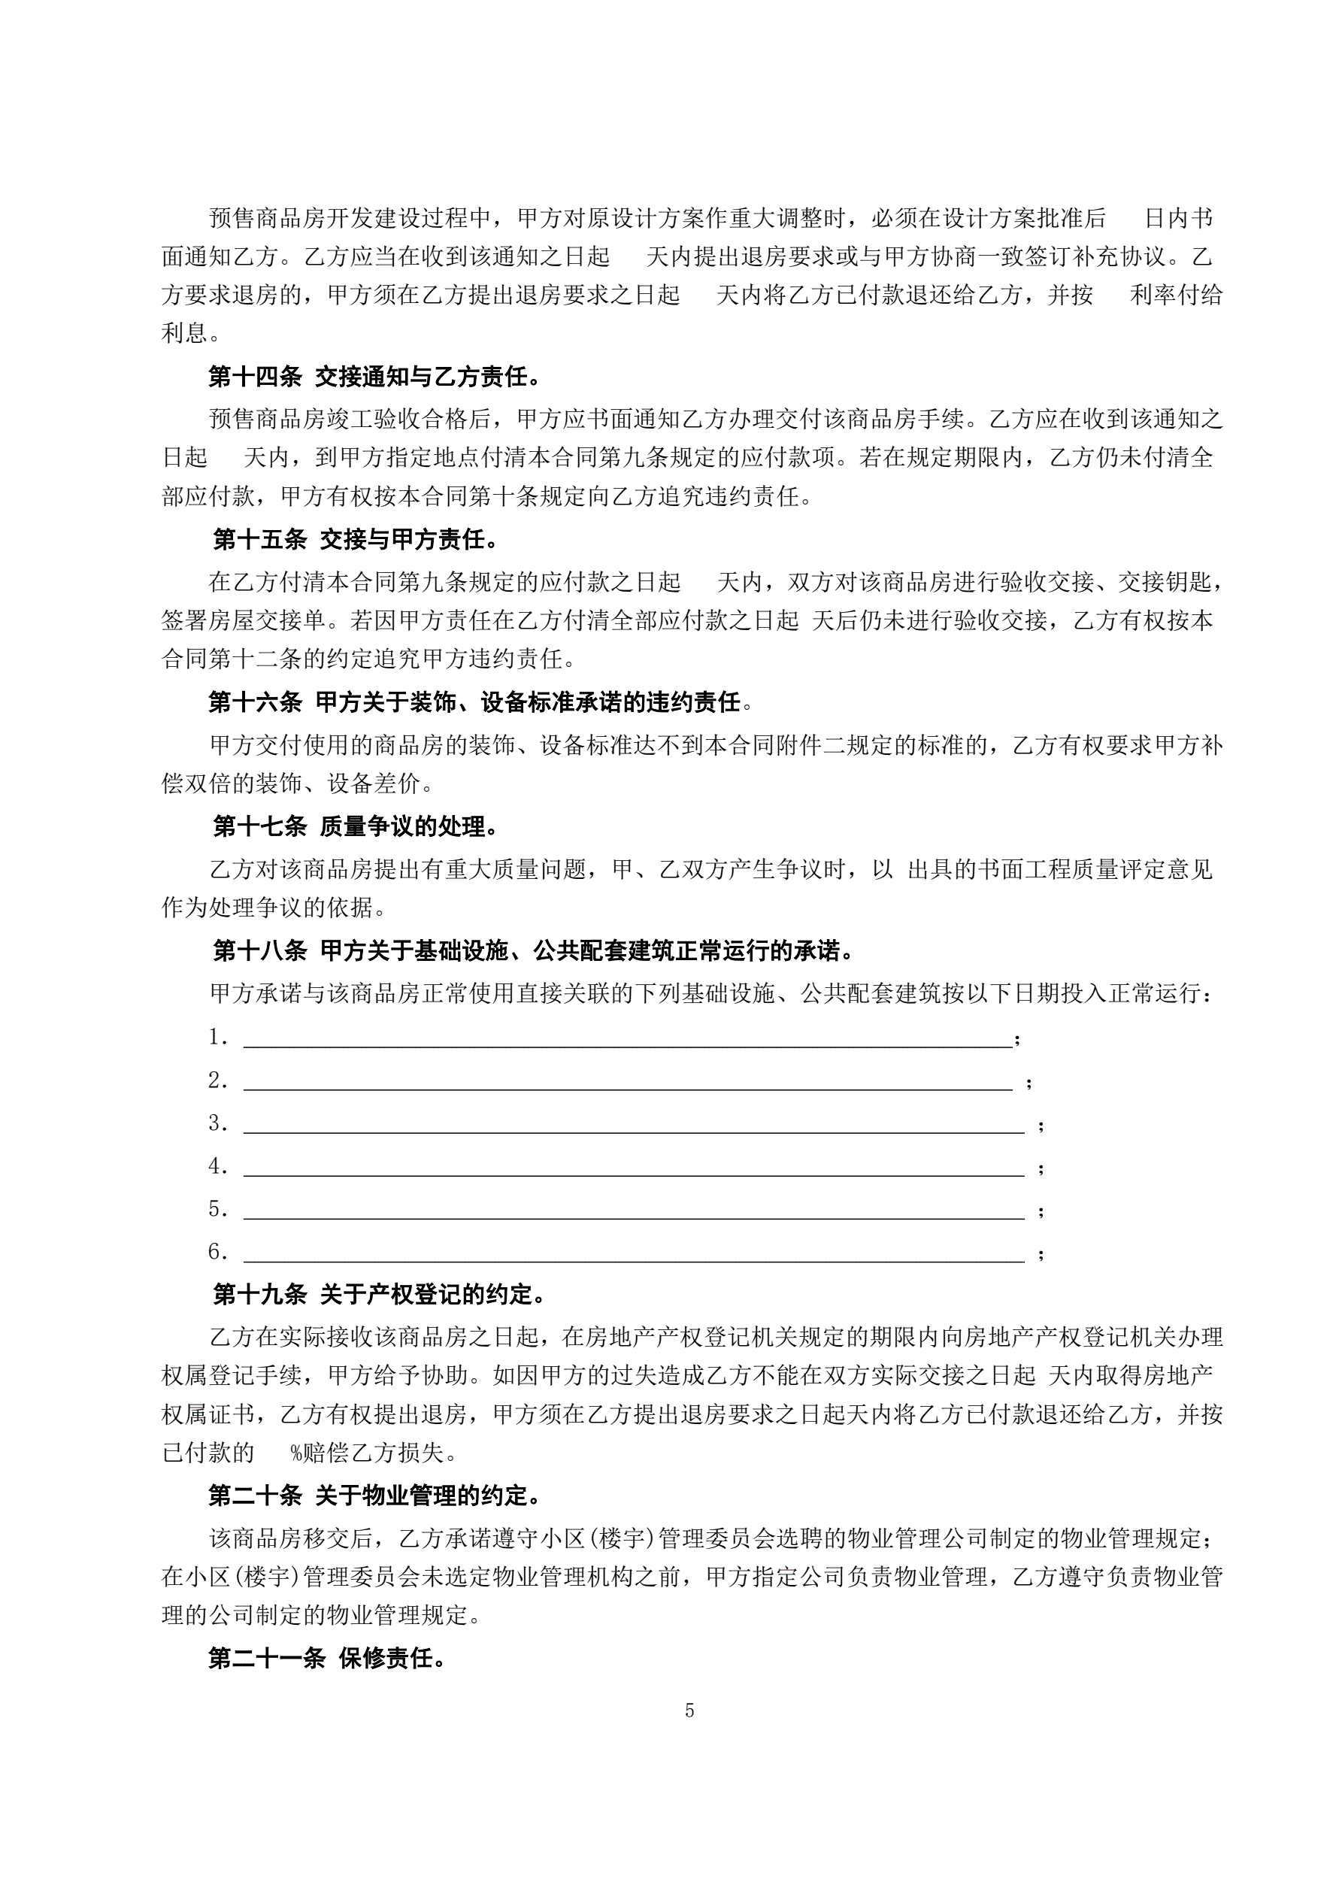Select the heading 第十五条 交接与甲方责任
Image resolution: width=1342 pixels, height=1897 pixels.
(356, 541)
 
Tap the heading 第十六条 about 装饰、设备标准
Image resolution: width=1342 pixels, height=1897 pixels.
(480, 703)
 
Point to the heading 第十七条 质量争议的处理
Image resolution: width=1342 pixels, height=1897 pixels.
(356, 826)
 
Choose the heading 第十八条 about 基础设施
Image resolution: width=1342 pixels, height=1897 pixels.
(534, 951)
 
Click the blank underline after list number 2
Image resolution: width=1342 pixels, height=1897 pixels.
(628, 1088)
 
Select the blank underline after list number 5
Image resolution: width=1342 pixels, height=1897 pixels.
(633, 1217)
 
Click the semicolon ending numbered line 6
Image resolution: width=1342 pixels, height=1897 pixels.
(1041, 1255)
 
